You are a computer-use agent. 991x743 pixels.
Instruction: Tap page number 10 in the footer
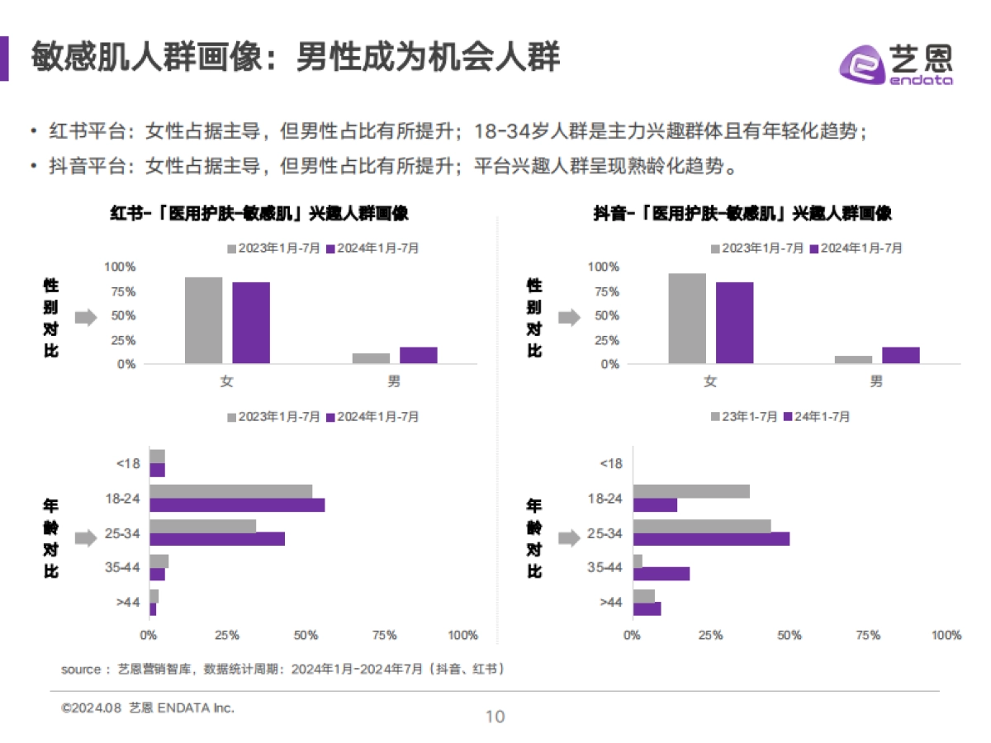495,717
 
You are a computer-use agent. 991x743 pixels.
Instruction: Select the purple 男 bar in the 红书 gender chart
418,355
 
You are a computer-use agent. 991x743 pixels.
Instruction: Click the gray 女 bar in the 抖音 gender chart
687,318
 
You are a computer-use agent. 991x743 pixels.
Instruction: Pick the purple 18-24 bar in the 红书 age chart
237,505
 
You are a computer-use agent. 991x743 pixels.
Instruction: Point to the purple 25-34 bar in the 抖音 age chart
711,539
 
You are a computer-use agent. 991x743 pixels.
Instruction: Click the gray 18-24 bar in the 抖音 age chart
691,491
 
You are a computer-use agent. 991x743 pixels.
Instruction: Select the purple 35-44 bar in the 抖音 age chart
661,574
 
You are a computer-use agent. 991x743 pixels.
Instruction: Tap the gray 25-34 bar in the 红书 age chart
202,526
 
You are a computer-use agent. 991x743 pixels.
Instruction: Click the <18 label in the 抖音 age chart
610,463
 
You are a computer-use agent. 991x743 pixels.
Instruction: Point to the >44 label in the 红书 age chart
128,603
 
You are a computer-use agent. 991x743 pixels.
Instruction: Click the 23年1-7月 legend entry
744,417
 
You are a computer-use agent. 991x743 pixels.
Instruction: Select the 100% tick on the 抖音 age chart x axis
946,636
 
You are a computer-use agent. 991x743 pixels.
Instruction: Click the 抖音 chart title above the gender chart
742,214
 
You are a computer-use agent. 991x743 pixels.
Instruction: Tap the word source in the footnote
80,670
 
